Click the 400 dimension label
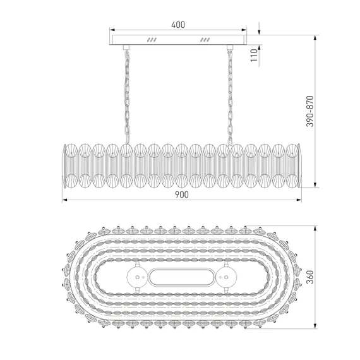178,25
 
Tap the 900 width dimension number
182,195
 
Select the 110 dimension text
254,55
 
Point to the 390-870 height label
310,111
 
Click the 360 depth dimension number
310,277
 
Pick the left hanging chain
127,97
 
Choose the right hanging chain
230,97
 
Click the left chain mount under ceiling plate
126,47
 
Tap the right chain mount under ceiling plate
230,47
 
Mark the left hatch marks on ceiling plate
152,40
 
